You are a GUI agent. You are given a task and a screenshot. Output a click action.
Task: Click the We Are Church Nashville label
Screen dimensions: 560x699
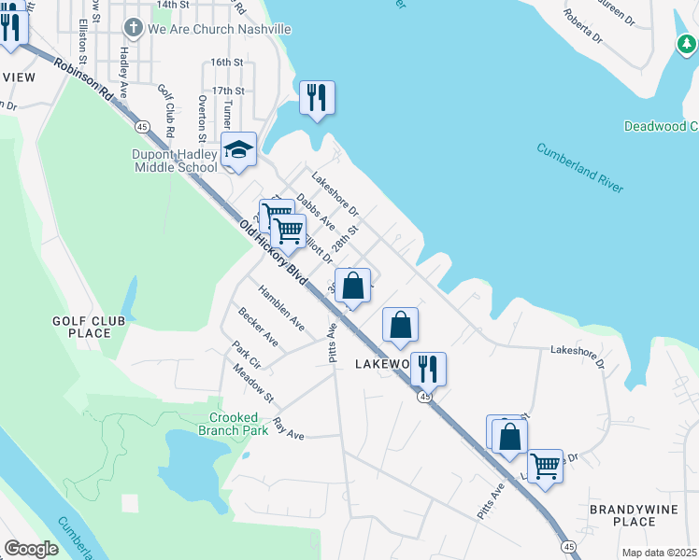pos(219,29)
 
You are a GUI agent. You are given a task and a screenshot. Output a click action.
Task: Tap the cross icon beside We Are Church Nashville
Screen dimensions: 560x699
pos(134,29)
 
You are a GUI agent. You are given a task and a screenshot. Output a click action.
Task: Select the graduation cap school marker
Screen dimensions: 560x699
pos(238,150)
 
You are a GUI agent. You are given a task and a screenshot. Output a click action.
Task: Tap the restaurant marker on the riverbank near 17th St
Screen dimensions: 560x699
pos(317,97)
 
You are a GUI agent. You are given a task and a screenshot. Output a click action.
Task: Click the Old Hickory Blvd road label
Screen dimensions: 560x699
pos(273,252)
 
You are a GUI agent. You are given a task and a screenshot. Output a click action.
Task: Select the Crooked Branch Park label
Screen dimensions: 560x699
pos(233,424)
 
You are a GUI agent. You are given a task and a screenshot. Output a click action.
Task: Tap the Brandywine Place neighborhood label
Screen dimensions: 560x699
pos(627,515)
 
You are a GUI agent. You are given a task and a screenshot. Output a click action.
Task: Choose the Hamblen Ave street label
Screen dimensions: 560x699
pos(282,307)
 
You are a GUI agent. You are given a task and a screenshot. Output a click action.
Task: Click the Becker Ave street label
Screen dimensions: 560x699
pos(257,326)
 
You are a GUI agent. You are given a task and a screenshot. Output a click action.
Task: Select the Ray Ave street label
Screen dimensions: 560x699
pos(289,428)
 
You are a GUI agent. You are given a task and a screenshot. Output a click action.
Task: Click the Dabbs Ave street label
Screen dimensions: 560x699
pos(315,213)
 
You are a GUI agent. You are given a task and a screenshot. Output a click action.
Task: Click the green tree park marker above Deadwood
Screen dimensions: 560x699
pos(686,44)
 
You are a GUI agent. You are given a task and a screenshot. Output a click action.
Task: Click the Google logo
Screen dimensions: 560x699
pos(32,549)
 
